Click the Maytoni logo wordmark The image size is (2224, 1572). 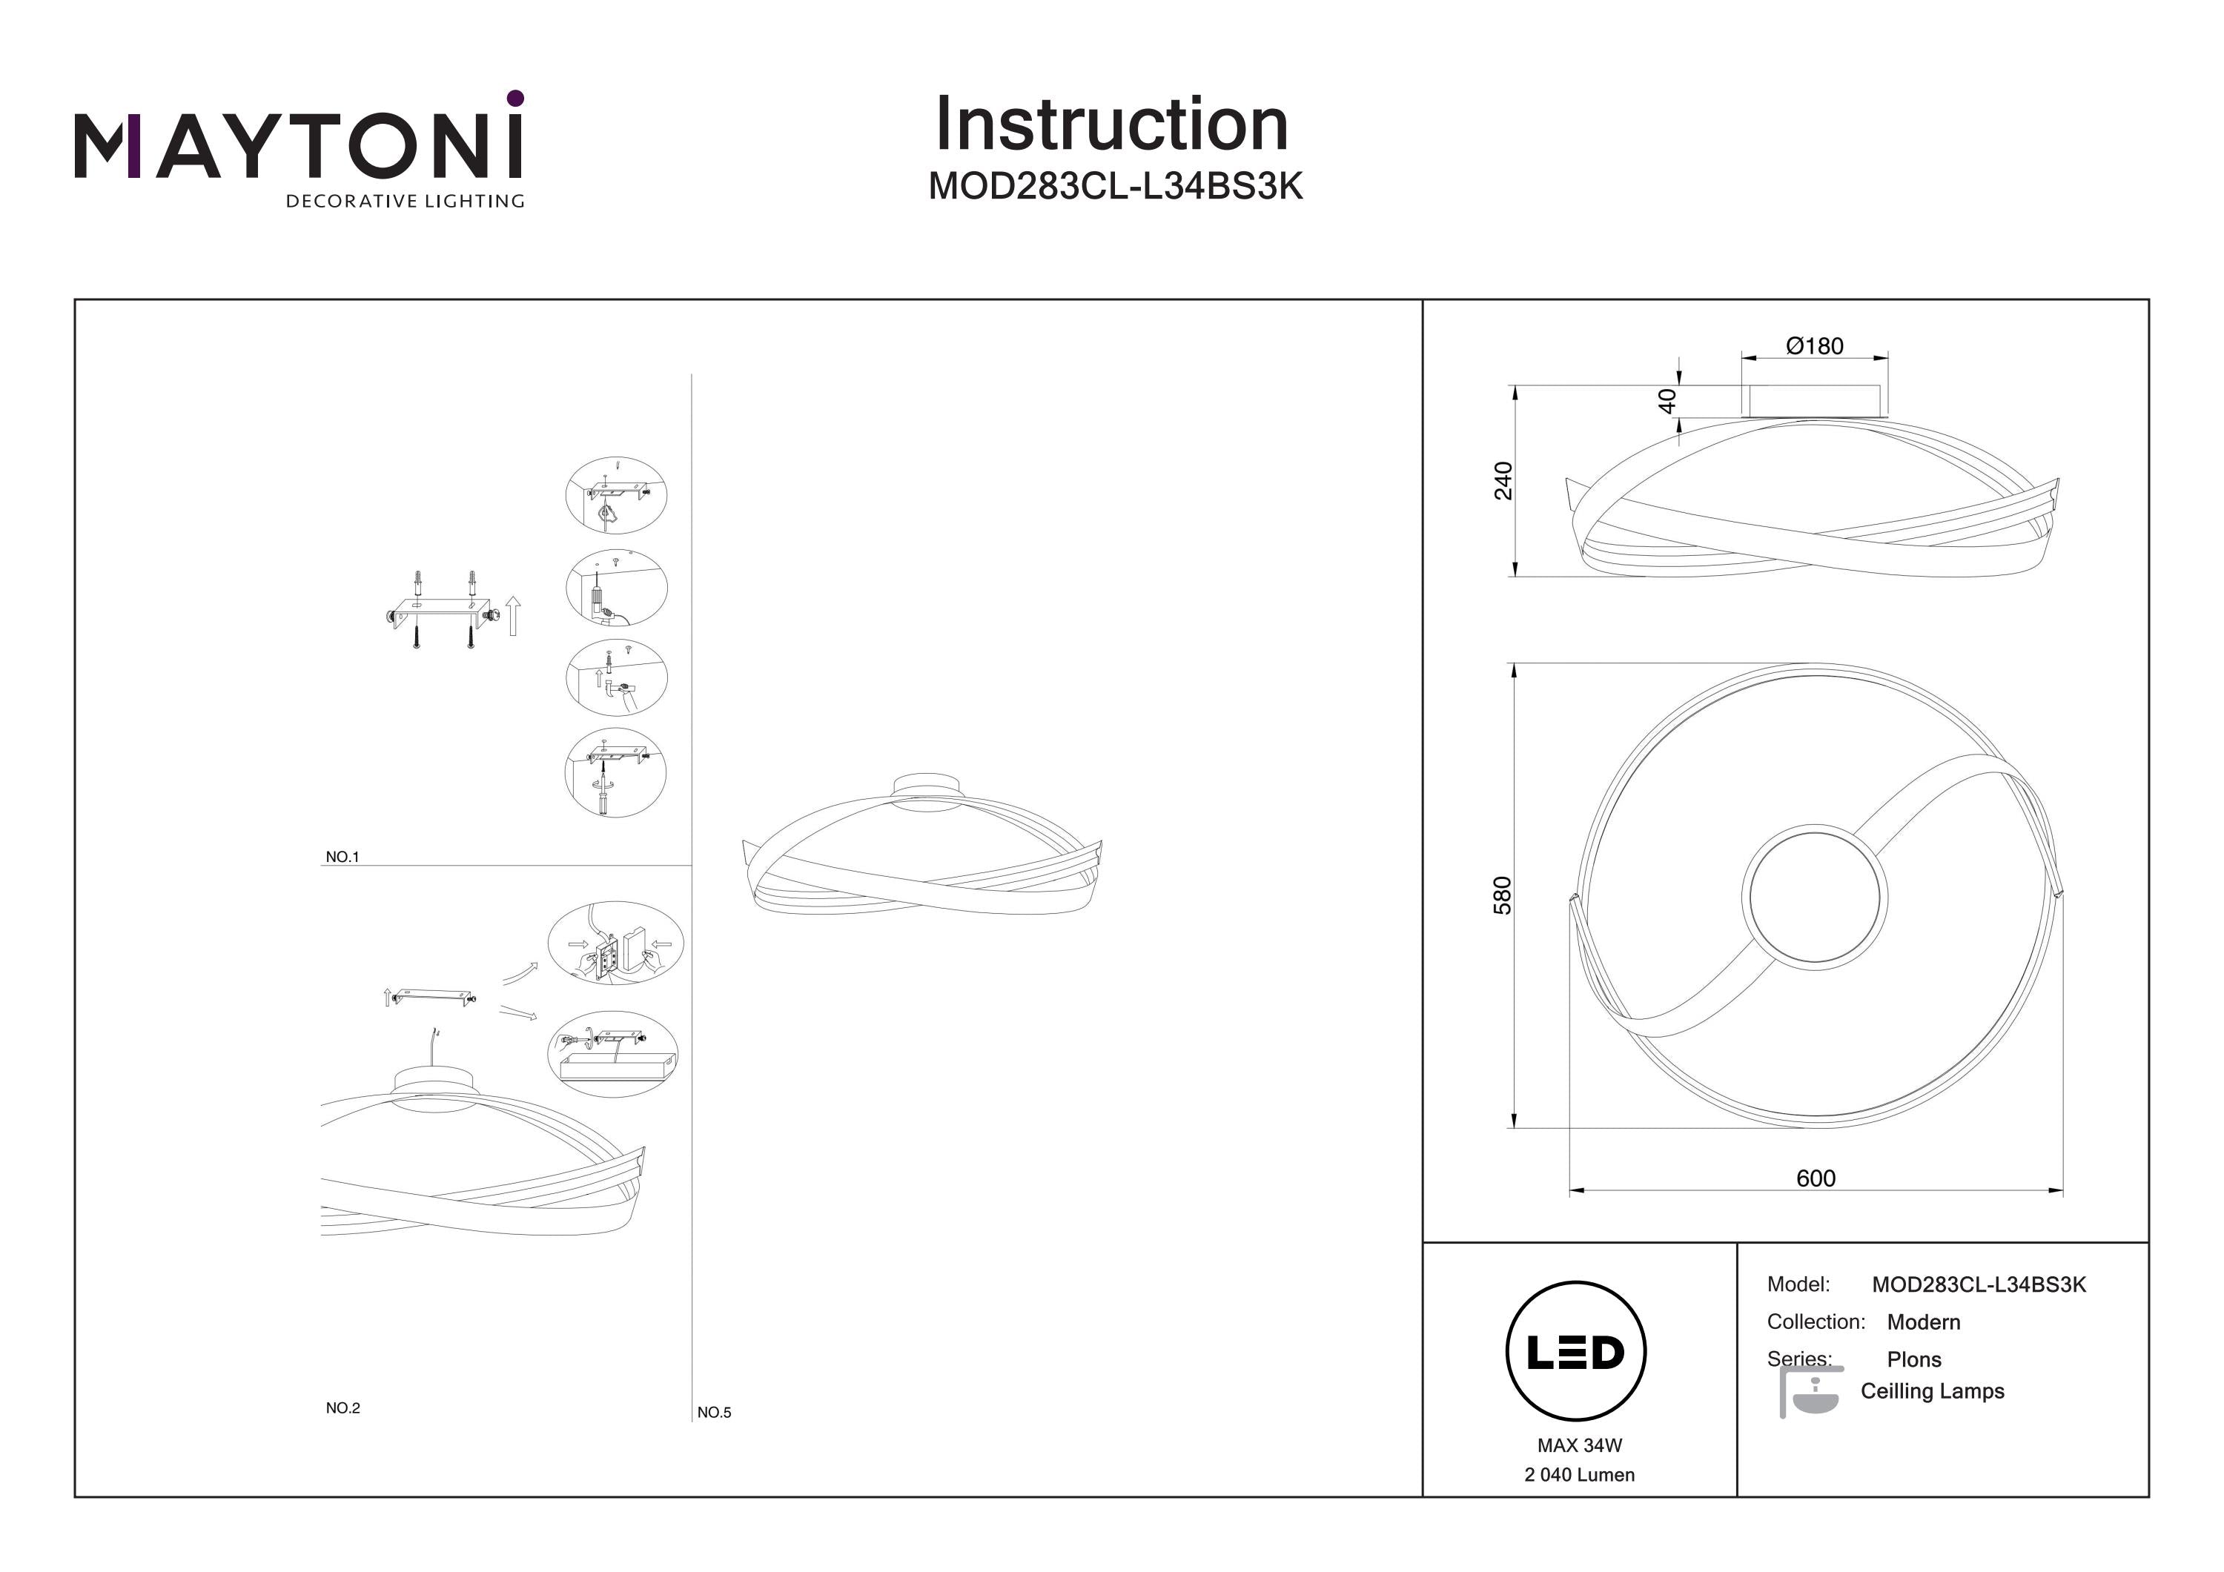coord(298,147)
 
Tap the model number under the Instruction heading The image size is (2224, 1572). coord(1115,186)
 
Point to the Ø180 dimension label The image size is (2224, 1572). coord(1814,346)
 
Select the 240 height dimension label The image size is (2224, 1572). coord(1503,480)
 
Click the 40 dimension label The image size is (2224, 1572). coord(1667,401)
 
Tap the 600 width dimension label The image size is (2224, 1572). coord(1816,1178)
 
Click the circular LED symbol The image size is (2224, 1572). coord(1575,1352)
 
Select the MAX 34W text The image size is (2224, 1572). coord(1579,1445)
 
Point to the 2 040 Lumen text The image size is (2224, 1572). coord(1579,1474)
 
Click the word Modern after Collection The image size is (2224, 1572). coord(1923,1322)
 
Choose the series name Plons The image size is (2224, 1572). coord(1913,1359)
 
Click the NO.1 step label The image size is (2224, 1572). coord(342,858)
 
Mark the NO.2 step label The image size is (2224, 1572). coord(343,1408)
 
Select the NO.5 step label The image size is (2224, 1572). coord(714,1412)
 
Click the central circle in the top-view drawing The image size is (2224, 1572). coord(1814,897)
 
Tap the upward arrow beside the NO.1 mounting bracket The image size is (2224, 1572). coord(514,616)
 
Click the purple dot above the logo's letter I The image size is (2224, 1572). coord(515,98)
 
